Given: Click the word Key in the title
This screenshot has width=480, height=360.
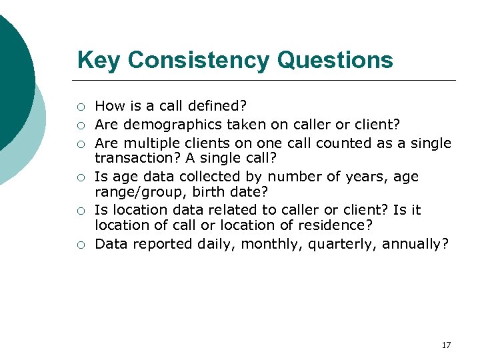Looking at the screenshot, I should click(x=99, y=60).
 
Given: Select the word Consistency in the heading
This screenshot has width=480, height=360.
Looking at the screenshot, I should click(x=198, y=60).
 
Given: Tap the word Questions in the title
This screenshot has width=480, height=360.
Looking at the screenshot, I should click(x=335, y=60).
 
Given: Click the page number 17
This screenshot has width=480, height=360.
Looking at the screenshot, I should click(x=446, y=345).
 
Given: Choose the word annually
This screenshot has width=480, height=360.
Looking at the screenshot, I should click(x=415, y=244).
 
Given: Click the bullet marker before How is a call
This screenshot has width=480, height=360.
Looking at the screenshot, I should click(x=80, y=106).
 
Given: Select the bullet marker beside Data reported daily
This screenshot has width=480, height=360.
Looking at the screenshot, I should click(x=80, y=245).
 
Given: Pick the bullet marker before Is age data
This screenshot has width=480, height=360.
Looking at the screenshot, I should click(x=80, y=177).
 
